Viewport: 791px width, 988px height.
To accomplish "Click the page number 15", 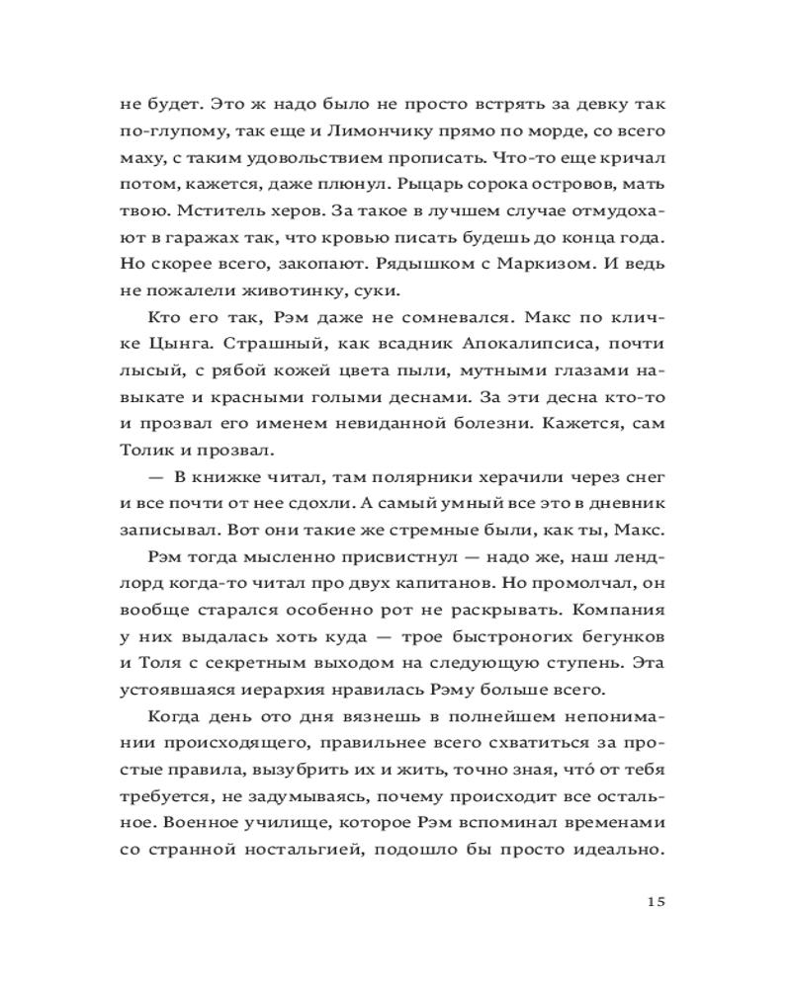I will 658,900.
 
